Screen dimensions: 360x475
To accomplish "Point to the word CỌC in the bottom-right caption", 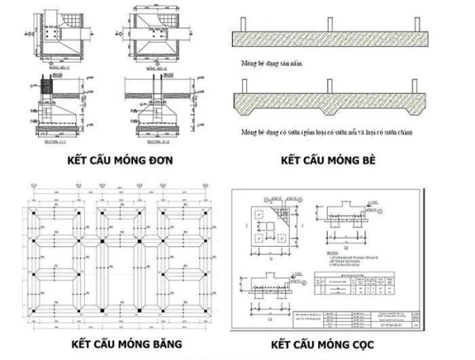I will tap(363, 344).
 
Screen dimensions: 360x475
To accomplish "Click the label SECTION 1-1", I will tap(52, 143).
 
